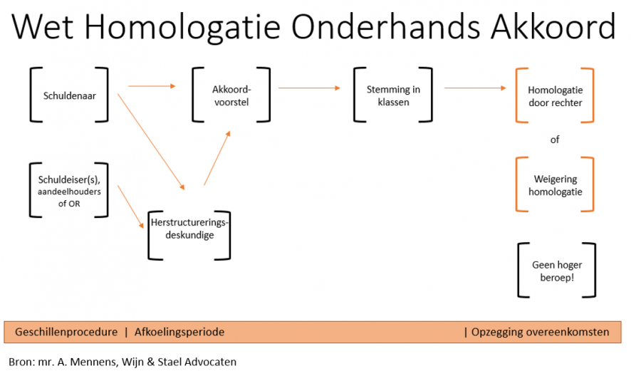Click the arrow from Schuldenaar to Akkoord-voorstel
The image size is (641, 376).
[152, 86]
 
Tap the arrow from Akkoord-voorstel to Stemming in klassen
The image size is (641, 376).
[309, 88]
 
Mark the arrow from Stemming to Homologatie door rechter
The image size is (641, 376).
[475, 88]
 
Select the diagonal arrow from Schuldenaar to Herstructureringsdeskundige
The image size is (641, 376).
[151, 142]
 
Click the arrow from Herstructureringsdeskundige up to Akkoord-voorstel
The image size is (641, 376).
[217, 158]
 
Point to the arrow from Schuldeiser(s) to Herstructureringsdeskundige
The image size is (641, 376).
[131, 207]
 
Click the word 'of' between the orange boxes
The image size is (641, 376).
[555, 140]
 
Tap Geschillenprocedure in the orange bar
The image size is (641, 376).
[66, 332]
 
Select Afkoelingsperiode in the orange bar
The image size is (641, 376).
[179, 332]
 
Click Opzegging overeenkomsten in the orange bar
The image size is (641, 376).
[540, 332]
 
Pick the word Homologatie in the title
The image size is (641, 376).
[182, 27]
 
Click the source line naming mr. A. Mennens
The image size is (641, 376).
[123, 362]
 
